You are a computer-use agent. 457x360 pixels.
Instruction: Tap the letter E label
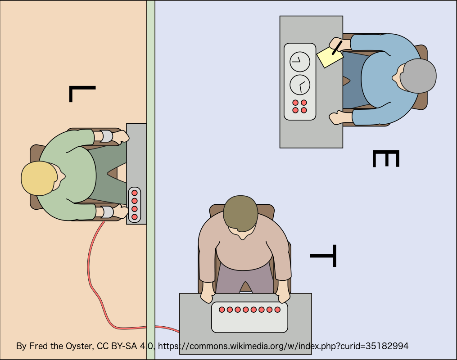(x=386, y=159)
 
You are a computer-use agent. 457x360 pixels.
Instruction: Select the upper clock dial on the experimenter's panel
(x=299, y=61)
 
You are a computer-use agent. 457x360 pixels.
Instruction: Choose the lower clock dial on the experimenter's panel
(x=299, y=84)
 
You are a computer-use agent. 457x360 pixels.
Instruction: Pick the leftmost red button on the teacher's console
(x=222, y=310)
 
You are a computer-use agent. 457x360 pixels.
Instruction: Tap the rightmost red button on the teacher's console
(x=277, y=310)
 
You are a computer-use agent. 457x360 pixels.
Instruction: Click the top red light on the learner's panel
(x=134, y=193)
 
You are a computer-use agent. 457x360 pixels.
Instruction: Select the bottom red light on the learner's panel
(x=134, y=217)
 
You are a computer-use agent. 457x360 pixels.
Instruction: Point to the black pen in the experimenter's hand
(x=337, y=47)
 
